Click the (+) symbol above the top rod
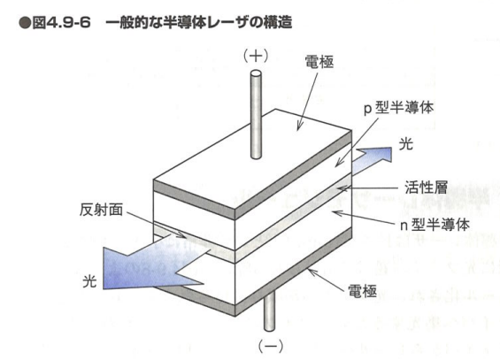pos(256,57)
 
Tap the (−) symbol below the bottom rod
pos(271,346)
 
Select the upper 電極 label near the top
pos(319,62)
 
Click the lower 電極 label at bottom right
pos(362,291)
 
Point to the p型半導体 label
pos(398,108)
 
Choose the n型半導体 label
pos(435,225)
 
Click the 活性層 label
pos(426,188)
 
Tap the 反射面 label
pos(101,210)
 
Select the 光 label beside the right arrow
pos(406,144)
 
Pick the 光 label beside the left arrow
pos(89,281)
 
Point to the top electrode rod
pos(256,114)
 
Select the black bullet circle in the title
pos(25,23)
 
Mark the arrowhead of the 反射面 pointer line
pos(182,235)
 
